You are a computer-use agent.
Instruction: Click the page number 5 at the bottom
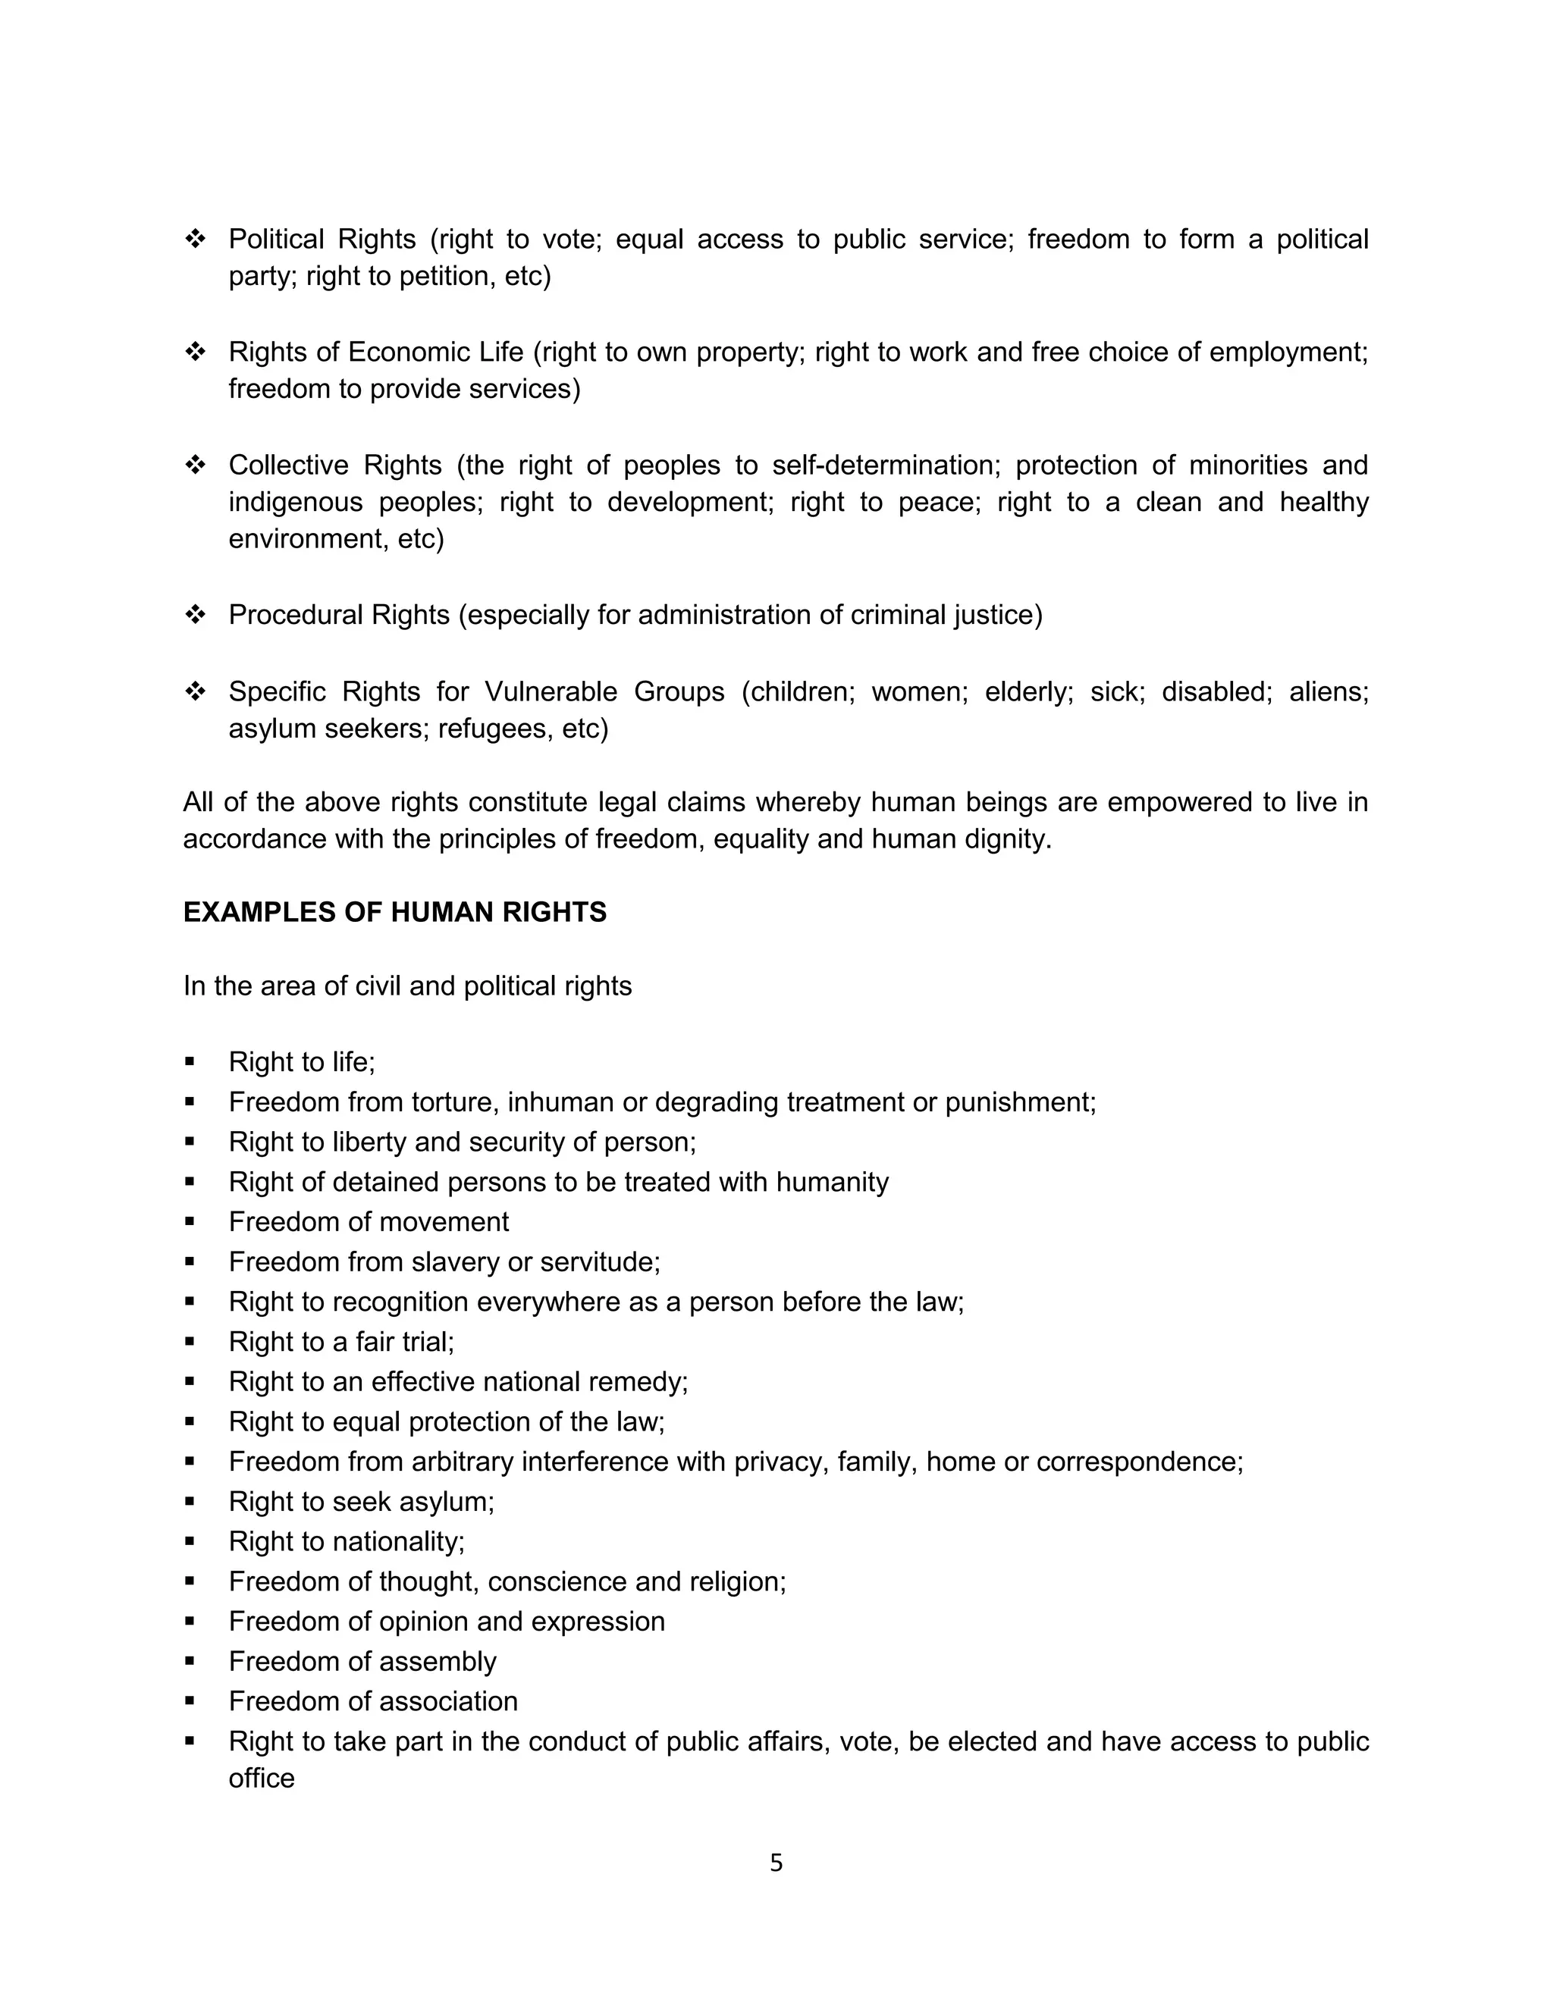[x=776, y=1863]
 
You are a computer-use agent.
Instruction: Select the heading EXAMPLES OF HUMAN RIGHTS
[x=394, y=913]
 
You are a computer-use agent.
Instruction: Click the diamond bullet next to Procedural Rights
[x=195, y=616]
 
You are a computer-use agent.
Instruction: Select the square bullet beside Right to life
[x=190, y=1061]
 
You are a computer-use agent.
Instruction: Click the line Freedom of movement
[x=368, y=1221]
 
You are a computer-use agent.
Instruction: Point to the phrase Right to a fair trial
[x=341, y=1342]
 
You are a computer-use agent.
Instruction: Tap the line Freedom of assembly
[x=362, y=1661]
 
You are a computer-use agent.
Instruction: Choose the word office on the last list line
[x=262, y=1778]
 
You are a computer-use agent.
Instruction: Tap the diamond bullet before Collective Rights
[x=195, y=465]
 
